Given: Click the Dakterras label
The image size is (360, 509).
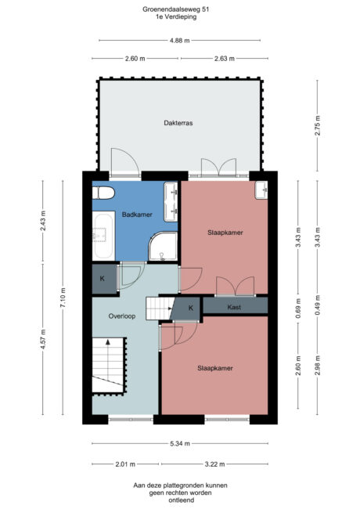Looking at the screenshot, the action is point(178,123).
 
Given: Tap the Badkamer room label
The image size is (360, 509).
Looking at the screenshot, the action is point(137,215).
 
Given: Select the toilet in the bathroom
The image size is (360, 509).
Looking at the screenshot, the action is point(103,193).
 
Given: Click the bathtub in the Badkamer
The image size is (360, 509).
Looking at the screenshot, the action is point(103,236).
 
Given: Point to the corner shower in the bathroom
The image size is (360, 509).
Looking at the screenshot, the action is point(163,246).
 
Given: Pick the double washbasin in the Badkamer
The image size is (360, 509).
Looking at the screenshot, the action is point(171,202).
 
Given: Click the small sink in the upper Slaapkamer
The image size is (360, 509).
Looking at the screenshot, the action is point(261,190).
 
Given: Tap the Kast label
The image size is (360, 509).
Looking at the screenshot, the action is point(234,307).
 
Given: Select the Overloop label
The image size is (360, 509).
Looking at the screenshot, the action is point(122,316).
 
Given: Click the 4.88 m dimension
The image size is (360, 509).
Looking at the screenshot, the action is point(180,41).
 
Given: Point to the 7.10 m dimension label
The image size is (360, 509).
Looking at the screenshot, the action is point(63,298).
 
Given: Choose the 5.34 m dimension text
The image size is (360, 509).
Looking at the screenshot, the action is point(180,443).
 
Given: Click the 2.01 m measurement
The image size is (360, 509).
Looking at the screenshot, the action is point(125,464).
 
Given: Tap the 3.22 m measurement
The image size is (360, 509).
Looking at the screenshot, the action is point(214,464).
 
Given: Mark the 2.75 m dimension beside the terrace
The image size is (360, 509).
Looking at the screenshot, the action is point(317,125).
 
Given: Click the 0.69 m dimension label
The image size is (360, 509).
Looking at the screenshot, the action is point(298,308).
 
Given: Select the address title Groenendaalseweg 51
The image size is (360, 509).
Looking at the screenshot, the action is point(176,9).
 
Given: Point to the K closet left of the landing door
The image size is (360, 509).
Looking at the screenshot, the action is point(103,279).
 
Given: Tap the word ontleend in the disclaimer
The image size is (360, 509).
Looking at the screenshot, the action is point(182,500).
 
